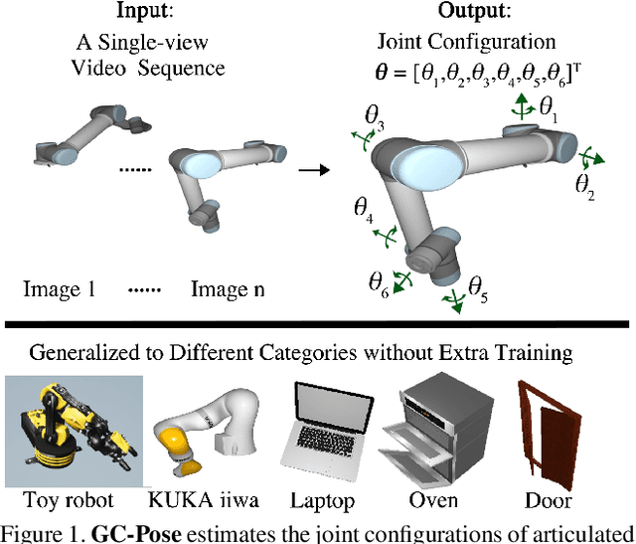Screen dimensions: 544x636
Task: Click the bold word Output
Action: point(472,11)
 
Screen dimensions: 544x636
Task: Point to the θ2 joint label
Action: point(585,184)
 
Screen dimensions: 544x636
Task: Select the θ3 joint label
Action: point(375,120)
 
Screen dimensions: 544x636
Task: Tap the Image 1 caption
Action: point(59,290)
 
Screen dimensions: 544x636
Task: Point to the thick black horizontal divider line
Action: point(318,322)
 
